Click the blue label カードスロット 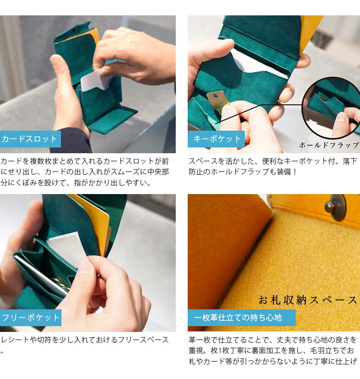click(30, 139)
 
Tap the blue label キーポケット click(216, 139)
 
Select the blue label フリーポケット click(30, 318)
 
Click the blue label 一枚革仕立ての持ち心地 click(241, 318)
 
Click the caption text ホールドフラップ click(329, 145)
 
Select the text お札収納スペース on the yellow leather click(308, 300)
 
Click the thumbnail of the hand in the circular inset click(347, 121)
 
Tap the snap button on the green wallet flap click(75, 29)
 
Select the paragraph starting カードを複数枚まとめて click(84, 172)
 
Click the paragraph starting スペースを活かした click(273, 166)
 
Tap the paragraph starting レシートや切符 click(84, 344)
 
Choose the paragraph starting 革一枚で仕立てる click(273, 351)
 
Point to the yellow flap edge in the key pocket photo click(311, 34)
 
